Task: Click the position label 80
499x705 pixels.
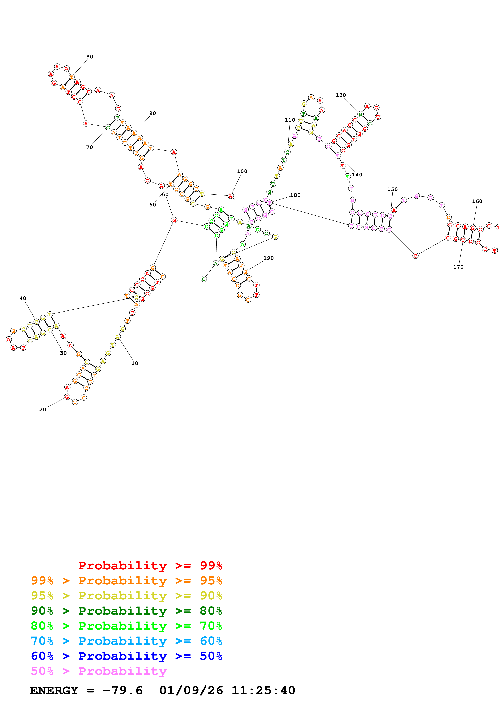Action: pyautogui.click(x=89, y=57)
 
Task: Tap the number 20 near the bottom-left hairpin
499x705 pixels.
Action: pyautogui.click(x=43, y=409)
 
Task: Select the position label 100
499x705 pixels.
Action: pyautogui.click(x=242, y=171)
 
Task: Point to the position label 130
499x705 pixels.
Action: pyautogui.click(x=341, y=95)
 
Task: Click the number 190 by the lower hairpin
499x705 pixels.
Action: pyautogui.click(x=268, y=258)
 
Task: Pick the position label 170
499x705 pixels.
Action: pyautogui.click(x=458, y=267)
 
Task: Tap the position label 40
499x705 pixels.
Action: pyautogui.click(x=23, y=298)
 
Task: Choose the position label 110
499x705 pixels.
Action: pyautogui.click(x=290, y=120)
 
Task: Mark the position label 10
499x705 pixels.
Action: pyautogui.click(x=135, y=363)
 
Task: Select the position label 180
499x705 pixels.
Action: pyautogui.click(x=295, y=195)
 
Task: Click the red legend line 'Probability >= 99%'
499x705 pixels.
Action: pyautogui.click(x=150, y=565)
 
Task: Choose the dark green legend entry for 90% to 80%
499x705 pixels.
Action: pyautogui.click(x=126, y=611)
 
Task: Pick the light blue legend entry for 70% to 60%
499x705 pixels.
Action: pyautogui.click(x=126, y=641)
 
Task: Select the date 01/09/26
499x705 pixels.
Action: pyautogui.click(x=191, y=691)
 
